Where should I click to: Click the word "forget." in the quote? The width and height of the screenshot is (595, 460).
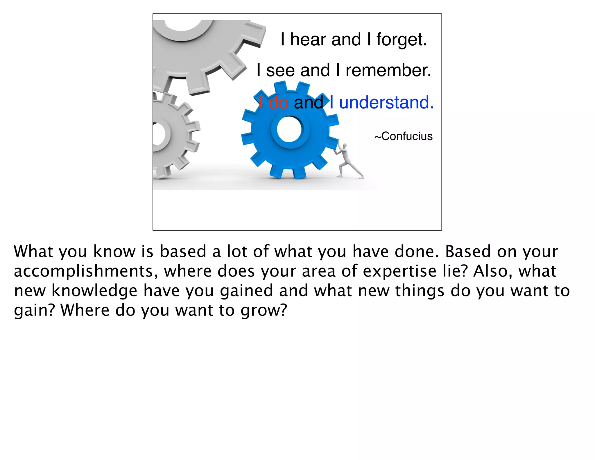402,40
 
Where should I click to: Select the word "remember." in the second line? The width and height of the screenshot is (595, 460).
388,70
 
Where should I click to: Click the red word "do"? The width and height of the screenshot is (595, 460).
278,102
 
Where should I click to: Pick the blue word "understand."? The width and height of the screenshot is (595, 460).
386,102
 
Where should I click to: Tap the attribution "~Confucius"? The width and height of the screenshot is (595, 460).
404,136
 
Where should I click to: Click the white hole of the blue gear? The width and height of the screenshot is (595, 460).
289,129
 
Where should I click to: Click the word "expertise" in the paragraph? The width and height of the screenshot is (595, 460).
399,271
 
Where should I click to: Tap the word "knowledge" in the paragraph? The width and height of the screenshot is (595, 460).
94,291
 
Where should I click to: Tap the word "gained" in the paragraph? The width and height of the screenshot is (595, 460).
246,291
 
